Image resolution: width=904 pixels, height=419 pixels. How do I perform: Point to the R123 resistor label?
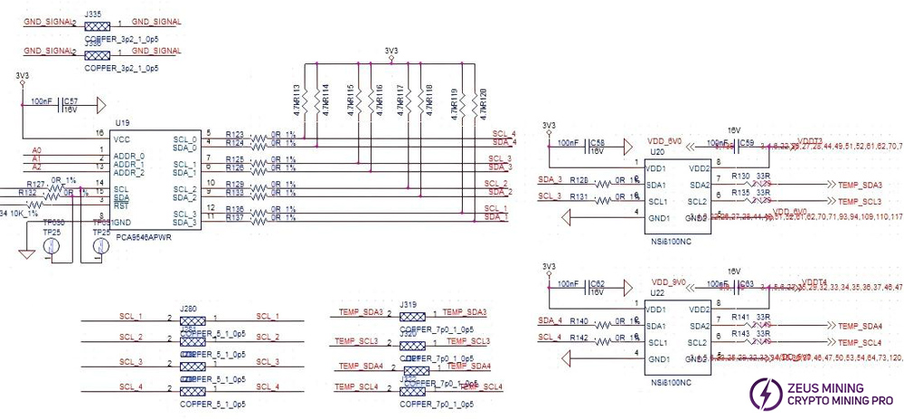pos(234,133)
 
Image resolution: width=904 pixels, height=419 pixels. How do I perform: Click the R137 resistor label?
pos(234,217)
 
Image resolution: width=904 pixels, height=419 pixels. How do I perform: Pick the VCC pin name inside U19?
pos(122,139)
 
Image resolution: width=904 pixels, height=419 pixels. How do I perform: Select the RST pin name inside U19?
pos(119,205)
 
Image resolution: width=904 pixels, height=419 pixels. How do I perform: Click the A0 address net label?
pos(37,149)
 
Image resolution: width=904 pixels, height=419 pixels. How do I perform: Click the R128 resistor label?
pos(579,179)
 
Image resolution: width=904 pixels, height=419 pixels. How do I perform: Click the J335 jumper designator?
pos(91,14)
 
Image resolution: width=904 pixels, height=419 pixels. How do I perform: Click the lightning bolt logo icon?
pos(763,392)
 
